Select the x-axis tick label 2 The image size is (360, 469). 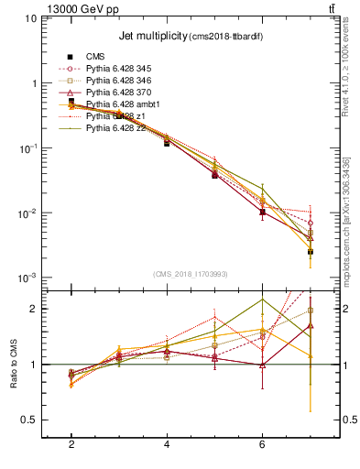click(x=71, y=444)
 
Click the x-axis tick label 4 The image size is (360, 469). click(x=167, y=444)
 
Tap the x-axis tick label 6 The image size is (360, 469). click(x=262, y=444)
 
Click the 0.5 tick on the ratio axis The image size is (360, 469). click(x=29, y=420)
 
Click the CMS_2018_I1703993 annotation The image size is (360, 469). click(x=191, y=273)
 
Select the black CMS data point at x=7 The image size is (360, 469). click(x=311, y=251)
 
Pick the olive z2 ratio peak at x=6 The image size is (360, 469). click(x=263, y=300)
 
